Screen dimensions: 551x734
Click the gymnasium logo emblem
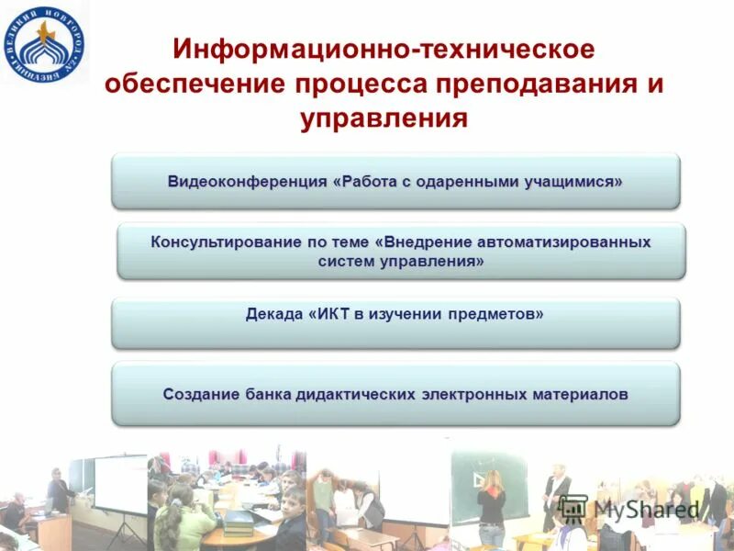pyautogui.click(x=45, y=42)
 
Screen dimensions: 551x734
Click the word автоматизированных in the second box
pyautogui.click(x=564, y=242)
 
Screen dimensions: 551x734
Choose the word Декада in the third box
pyautogui.click(x=273, y=314)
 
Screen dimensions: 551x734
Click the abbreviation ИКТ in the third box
pyautogui.click(x=332, y=314)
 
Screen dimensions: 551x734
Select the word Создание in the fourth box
pyautogui.click(x=201, y=394)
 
